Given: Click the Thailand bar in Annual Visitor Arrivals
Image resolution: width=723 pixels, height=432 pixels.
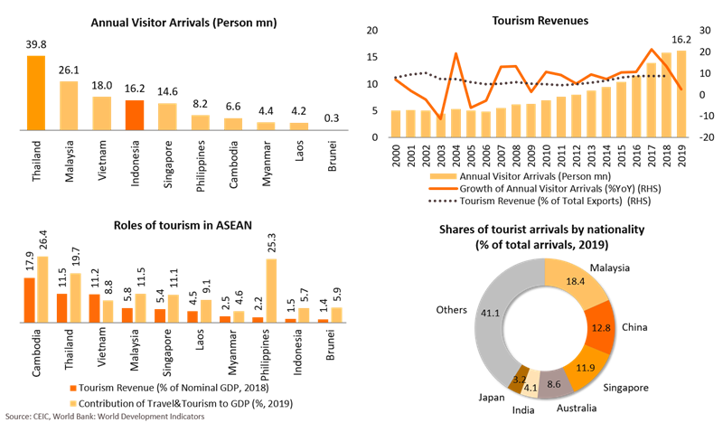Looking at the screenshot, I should click(x=35, y=93).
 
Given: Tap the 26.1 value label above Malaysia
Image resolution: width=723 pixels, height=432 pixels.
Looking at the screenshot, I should click(x=69, y=70).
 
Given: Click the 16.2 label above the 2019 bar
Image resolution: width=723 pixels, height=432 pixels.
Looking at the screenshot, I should click(x=681, y=40).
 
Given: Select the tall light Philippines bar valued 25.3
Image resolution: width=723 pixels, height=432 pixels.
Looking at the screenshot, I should click(x=271, y=290).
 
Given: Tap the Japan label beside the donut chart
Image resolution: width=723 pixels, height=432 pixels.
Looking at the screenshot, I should click(x=492, y=394).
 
